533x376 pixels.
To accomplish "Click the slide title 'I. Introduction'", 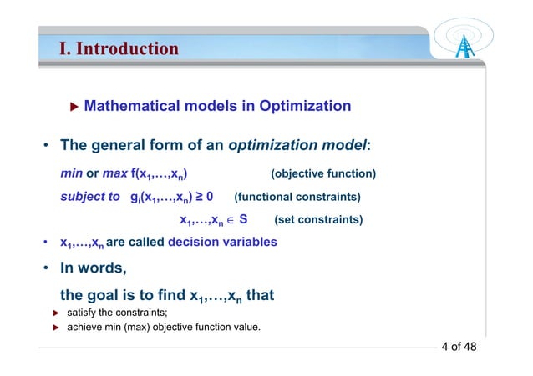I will pos(118,48).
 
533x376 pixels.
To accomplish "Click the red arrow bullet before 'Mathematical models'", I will pos(74,107).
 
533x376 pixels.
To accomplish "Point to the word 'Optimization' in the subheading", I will pos(305,107).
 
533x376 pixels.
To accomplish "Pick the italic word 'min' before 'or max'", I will pos(71,173).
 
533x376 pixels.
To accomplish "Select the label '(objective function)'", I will pos(323,173).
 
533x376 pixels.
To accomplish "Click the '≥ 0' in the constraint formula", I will pos(203,198).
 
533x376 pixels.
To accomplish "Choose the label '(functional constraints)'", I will pos(297,198).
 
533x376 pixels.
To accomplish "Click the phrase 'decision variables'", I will pos(222,243).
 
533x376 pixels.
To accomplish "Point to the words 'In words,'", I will pos(93,269).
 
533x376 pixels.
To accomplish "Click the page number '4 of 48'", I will pos(459,347).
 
